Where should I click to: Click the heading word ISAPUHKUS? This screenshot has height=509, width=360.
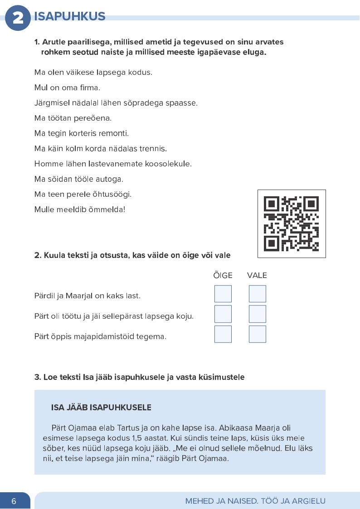tap(70, 17)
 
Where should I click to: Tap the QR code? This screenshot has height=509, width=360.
tap(292, 223)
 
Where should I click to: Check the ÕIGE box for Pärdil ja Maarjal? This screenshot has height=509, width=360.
tap(223, 294)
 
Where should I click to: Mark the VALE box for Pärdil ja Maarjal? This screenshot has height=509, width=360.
tap(257, 294)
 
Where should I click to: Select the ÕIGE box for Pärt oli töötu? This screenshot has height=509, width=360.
tap(223, 314)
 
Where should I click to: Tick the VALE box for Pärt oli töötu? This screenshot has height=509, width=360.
tap(257, 314)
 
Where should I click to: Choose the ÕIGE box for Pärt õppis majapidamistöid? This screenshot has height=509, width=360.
tap(223, 334)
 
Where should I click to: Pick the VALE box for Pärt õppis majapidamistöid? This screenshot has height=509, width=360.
tap(257, 334)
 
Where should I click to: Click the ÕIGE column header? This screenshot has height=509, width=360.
tap(223, 275)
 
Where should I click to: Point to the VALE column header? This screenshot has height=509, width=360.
tap(257, 275)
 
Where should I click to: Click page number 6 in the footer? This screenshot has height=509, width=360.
tap(14, 501)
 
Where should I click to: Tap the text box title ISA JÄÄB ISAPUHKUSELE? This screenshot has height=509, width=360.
tap(101, 407)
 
